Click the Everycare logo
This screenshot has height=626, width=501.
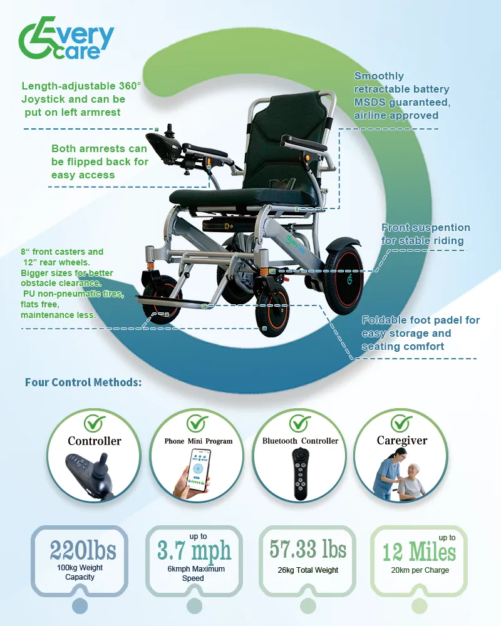66,39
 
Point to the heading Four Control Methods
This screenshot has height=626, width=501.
83,382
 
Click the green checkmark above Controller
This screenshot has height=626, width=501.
95,423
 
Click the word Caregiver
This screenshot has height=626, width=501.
401,441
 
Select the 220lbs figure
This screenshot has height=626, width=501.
83,551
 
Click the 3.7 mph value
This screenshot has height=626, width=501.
194,552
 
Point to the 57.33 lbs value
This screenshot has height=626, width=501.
307,549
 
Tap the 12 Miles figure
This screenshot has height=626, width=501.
419,553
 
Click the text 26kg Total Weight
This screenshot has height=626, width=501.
307,570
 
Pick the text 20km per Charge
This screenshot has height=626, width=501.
420,570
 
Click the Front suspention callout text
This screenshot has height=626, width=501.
425,233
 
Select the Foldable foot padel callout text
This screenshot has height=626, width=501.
420,333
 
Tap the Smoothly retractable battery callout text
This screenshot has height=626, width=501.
401,96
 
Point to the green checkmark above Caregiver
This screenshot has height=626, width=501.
401,423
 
